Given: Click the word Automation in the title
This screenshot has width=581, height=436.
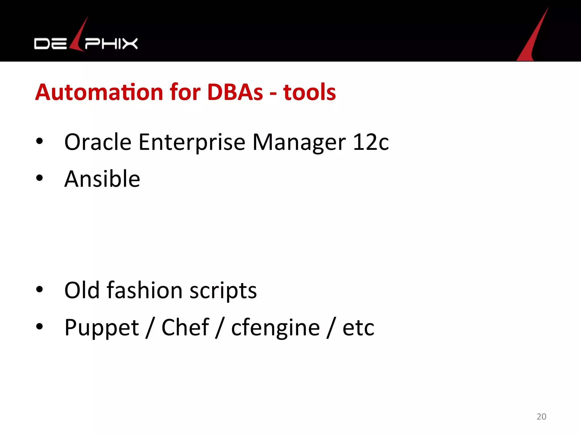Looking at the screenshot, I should tap(99, 92).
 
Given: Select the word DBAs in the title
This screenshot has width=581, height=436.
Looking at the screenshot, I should tap(235, 92).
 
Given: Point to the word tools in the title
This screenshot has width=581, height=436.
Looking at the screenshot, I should tap(310, 92).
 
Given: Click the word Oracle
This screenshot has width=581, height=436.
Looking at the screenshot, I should tap(98, 142).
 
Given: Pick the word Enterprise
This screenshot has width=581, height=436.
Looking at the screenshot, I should tap(192, 142).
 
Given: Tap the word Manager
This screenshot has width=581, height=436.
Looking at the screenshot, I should tap(299, 142).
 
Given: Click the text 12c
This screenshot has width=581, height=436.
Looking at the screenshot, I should tap(371, 142).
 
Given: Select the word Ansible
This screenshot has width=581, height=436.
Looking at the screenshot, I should tap(102, 179).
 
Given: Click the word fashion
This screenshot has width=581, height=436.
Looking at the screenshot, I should tap(144, 290).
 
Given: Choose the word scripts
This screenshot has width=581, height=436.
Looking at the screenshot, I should tap(223, 291).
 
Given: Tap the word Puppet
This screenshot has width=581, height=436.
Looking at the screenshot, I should tap(102, 328).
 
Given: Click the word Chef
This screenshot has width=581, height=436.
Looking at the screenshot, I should tap(185, 327).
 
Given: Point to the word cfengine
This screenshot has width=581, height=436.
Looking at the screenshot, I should tap(275, 328).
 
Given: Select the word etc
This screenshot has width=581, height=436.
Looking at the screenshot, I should tap(358, 328).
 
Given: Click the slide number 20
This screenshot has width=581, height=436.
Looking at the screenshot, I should tap(541, 416).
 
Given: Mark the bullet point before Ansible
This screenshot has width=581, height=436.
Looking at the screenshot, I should tap(39, 178).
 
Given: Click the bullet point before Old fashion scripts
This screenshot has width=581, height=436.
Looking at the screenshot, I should tap(39, 290).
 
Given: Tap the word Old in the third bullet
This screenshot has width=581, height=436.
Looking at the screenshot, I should tap(82, 290).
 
